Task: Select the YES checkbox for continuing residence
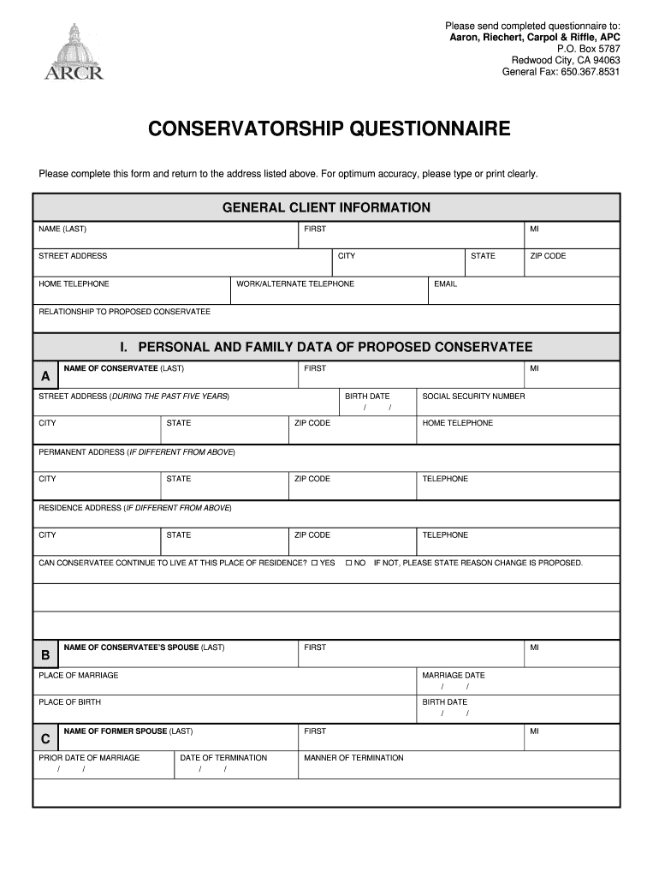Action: pos(315,563)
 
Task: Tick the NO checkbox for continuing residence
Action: pos(348,563)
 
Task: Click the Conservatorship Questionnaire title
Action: pos(329,129)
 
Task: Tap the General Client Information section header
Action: pos(326,207)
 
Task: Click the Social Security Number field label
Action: pos(473,397)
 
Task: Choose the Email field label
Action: pos(445,283)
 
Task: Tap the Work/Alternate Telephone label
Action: pos(295,283)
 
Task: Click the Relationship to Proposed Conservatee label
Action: pos(124,312)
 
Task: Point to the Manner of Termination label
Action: pos(353,758)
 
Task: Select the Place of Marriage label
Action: pos(79,675)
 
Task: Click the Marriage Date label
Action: pos(453,675)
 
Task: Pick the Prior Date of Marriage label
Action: pos(89,758)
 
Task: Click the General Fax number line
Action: pos(561,72)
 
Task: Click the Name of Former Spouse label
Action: pos(128,731)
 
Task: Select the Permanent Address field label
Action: pos(137,451)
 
